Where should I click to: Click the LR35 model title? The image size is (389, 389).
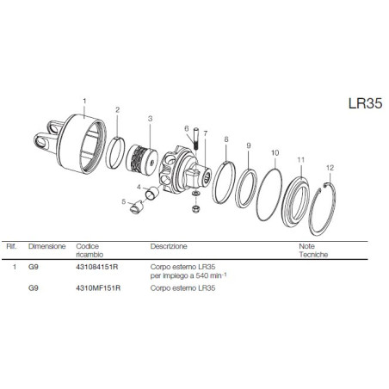(365, 103)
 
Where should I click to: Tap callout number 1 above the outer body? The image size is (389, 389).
(84, 101)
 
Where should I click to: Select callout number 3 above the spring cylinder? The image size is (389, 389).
(150, 119)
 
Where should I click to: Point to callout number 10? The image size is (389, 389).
(275, 153)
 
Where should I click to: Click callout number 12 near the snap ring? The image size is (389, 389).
(330, 168)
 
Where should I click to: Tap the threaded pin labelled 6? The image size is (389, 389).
(196, 139)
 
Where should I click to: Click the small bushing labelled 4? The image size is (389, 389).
(152, 192)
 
